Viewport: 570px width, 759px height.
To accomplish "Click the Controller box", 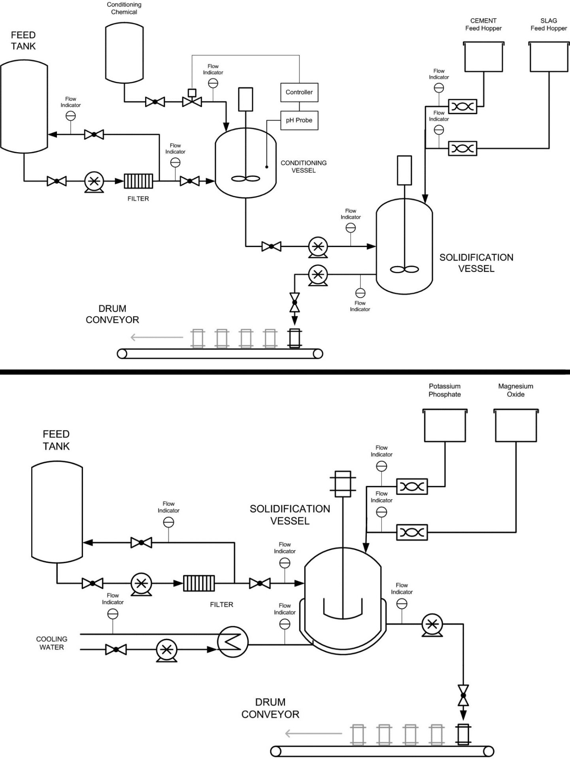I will pyautogui.click(x=299, y=92).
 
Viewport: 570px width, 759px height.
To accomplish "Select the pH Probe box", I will pyautogui.click(x=299, y=120).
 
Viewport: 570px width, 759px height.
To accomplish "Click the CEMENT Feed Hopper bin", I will pyautogui.click(x=483, y=57).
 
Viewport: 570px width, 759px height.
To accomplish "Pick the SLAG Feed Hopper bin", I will pyautogui.click(x=549, y=57).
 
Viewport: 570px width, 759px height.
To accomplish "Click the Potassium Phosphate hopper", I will pyautogui.click(x=445, y=426).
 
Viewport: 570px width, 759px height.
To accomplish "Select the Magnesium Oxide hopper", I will pyautogui.click(x=515, y=426).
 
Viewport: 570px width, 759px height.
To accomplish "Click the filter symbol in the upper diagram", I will pyautogui.click(x=138, y=181).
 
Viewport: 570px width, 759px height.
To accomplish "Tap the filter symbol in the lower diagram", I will pyautogui.click(x=199, y=583).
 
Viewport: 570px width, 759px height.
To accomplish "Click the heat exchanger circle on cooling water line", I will pyautogui.click(x=232, y=642).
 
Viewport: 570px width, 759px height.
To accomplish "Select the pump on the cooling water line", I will pyautogui.click(x=166, y=650).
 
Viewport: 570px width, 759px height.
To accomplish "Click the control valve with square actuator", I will pyautogui.click(x=192, y=99).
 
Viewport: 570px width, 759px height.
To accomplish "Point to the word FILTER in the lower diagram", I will pyautogui.click(x=221, y=604).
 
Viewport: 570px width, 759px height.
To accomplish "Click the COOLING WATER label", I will pyautogui.click(x=51, y=643).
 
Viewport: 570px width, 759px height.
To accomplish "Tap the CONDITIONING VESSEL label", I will pyautogui.click(x=303, y=166).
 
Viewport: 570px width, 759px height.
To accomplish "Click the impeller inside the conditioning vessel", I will pyautogui.click(x=245, y=179).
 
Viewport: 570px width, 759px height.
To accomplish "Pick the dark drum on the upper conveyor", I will pyautogui.click(x=294, y=338).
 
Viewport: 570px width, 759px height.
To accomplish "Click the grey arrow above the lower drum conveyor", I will pyautogui.click(x=313, y=734).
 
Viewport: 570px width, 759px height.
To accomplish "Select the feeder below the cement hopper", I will pyautogui.click(x=462, y=107).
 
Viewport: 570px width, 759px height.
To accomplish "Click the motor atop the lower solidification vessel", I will pyautogui.click(x=342, y=484).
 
